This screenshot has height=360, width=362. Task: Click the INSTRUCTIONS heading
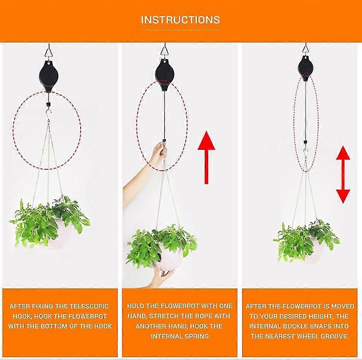[180, 19]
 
